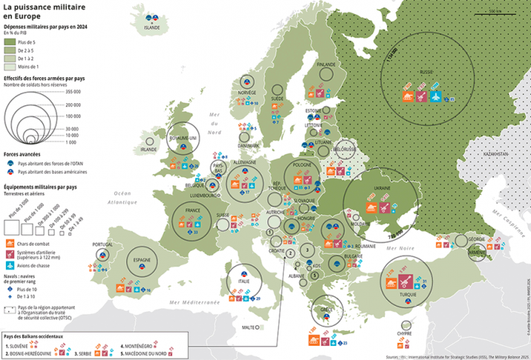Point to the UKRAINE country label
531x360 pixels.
(374, 188)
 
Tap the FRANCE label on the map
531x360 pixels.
(194, 210)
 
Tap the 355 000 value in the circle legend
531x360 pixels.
(73, 91)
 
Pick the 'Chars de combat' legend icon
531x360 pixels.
(8, 242)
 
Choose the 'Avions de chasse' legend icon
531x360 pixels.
(8, 265)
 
